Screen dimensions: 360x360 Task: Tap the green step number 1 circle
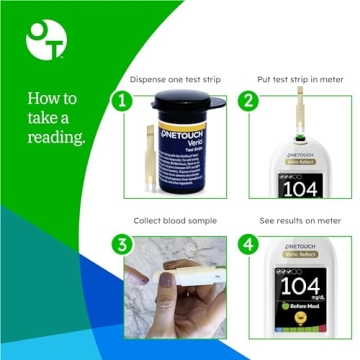pyautogui.click(x=121, y=101)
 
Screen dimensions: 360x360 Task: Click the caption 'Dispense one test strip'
pyautogui.click(x=176, y=77)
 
